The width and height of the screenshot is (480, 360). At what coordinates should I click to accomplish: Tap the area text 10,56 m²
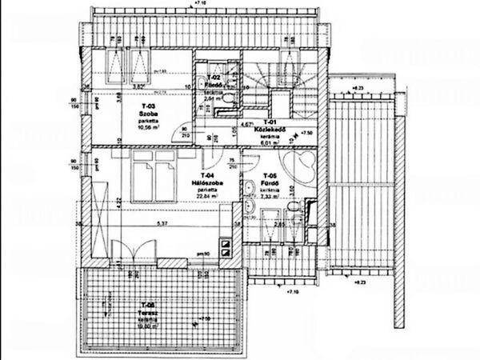tap(146, 126)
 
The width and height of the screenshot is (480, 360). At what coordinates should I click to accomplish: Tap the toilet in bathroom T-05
tap(297, 211)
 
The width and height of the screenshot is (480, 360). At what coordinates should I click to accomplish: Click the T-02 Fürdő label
tap(213, 79)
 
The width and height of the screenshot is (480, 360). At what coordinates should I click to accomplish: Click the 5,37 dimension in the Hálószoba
tap(163, 223)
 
